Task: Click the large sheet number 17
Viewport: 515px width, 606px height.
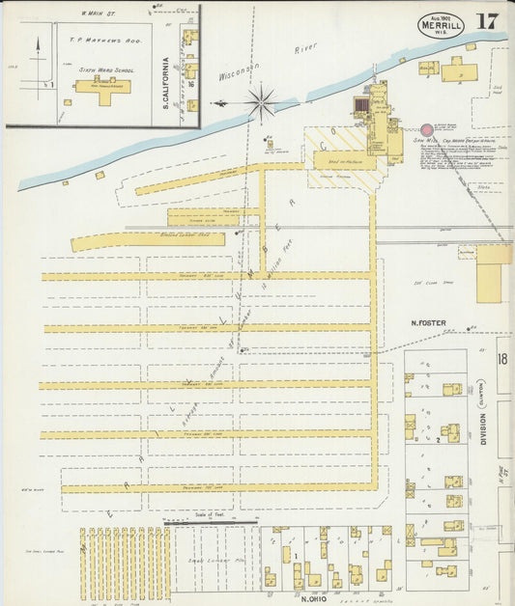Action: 487,21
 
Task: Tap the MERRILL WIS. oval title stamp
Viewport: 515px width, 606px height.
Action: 441,24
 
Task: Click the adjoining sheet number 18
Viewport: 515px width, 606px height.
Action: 501,359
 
